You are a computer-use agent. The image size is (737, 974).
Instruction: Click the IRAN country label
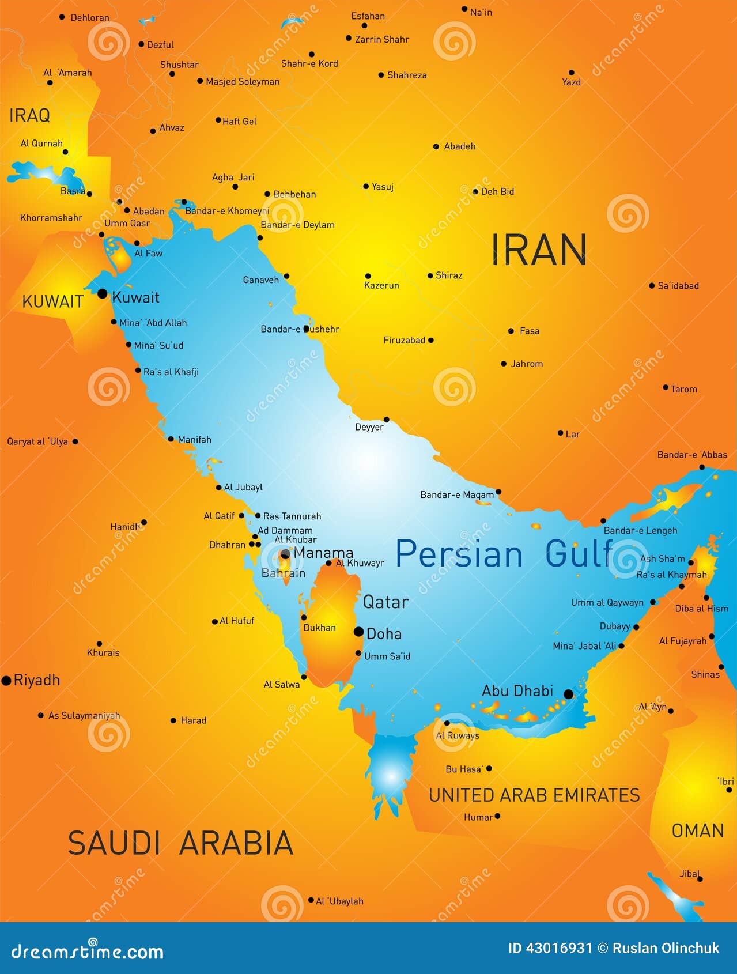[x=539, y=250]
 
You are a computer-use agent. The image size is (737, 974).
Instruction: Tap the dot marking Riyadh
[x=6, y=681]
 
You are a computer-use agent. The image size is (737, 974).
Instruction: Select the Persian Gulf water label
[x=505, y=554]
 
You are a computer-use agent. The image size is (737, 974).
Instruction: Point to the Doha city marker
[x=358, y=632]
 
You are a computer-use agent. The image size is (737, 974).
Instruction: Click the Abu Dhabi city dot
[x=568, y=694]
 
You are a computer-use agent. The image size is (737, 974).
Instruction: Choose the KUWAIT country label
[x=52, y=301]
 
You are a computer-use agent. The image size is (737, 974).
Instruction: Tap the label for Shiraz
[x=449, y=275]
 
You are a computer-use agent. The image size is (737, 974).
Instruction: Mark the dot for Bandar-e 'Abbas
[x=702, y=467]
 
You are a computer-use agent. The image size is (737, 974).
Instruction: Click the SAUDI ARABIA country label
[x=180, y=843]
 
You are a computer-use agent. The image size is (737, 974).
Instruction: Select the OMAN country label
[x=698, y=830]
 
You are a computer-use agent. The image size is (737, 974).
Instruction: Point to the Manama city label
[x=323, y=553]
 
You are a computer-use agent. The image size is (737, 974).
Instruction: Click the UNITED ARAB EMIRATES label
[x=534, y=795]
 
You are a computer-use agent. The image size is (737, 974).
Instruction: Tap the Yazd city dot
[x=571, y=73]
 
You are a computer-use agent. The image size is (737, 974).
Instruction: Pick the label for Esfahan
[x=368, y=16]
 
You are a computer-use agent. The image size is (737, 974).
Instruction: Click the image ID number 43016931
[x=550, y=948]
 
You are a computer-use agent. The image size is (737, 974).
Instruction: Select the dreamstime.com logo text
[x=88, y=951]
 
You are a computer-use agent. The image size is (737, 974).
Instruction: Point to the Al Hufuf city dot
[x=215, y=621]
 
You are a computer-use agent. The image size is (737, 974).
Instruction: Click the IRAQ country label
[x=29, y=115]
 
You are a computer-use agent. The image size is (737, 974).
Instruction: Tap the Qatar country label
[x=385, y=602]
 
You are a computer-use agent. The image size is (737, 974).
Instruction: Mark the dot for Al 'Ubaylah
[x=311, y=900]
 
